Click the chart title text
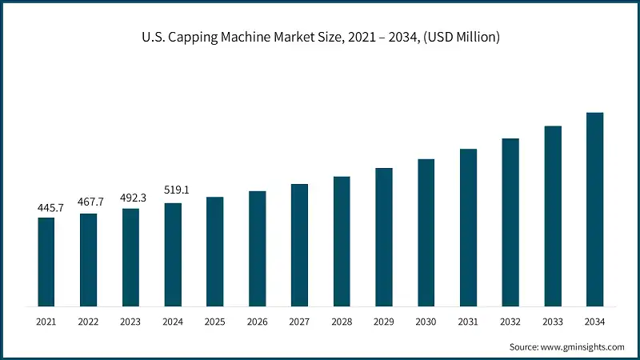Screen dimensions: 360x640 [x=320, y=38]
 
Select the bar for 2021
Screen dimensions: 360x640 [x=46, y=262]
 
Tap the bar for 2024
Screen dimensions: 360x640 [x=173, y=254]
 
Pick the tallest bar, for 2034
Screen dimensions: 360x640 [x=594, y=209]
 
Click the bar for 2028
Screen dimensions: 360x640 [x=342, y=241]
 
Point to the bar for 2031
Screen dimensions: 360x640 [x=468, y=227]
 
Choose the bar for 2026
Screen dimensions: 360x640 [x=257, y=248]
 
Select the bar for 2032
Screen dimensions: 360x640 [x=510, y=222]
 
